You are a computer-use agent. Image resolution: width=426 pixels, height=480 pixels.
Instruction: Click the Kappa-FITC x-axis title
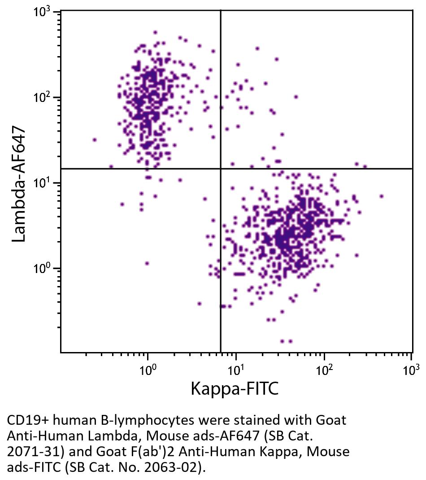coord(235,388)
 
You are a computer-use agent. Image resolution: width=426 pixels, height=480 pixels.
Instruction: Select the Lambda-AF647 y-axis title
coord(19,184)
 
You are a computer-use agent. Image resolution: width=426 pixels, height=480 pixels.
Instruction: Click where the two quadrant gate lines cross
coord(221,168)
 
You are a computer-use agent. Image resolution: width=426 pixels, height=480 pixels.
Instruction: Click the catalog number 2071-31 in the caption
coord(28,451)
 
